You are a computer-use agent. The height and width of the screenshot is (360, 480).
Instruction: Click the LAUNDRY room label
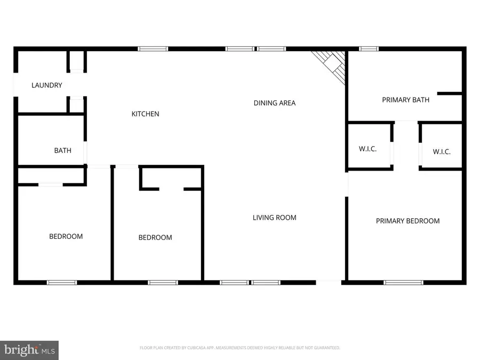pos(47,85)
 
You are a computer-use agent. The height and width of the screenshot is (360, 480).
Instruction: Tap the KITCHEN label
pos(146,114)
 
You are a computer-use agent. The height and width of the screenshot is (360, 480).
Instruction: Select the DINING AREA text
pos(275,103)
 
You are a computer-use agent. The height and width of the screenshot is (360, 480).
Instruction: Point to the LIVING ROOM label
pos(275,218)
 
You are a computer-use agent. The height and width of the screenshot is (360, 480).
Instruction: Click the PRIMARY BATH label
pos(406,100)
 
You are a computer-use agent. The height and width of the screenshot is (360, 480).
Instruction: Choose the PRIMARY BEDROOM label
pos(408,221)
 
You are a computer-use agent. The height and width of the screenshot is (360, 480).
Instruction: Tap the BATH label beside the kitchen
pos(63,150)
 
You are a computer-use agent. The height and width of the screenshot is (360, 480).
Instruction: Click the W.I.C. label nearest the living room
pos(367,149)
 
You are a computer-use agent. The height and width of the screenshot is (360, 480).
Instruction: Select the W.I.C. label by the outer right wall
pos(442,151)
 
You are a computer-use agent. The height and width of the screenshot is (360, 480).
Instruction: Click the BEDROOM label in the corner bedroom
pos(66,236)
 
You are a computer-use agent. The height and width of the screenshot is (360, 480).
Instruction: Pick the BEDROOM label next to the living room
pos(155,237)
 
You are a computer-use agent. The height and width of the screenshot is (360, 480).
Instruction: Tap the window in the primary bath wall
pos(369,49)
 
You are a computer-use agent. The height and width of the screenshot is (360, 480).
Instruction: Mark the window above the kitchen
pos(153,49)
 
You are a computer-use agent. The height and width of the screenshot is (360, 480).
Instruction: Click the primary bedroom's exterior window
pos(404,283)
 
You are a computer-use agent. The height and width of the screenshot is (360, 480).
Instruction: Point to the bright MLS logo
pos(29,350)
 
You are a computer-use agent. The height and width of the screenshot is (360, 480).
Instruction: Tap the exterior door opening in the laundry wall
pos(15,85)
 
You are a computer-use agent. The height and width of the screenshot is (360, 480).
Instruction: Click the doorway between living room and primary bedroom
pos(347,185)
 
